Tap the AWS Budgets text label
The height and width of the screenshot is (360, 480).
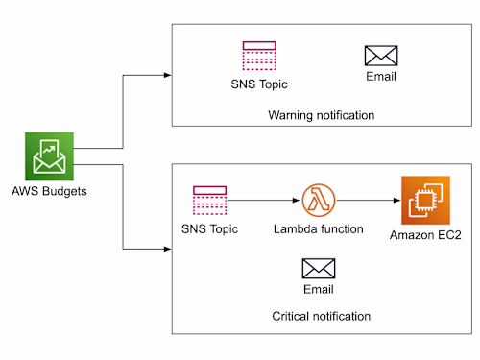pos(50,190)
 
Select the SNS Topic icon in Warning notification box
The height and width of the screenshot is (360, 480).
pos(259,57)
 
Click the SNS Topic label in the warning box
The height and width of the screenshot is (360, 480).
pos(259,84)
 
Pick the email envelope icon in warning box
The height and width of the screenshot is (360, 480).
pos(381,56)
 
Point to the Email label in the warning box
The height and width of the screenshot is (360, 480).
pos(381,78)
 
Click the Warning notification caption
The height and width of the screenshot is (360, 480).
pos(321,116)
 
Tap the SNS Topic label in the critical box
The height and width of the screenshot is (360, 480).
pos(209,230)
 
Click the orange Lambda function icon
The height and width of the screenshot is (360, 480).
pos(317,201)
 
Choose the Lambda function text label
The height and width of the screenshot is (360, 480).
pos(317,230)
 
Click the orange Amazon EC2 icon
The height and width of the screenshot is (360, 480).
pos(425,201)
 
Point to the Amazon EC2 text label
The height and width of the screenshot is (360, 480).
pos(425,235)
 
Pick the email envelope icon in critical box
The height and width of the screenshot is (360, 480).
pos(318,268)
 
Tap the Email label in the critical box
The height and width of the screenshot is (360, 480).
pos(318,290)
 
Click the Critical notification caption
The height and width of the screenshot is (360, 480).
pos(321,316)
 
